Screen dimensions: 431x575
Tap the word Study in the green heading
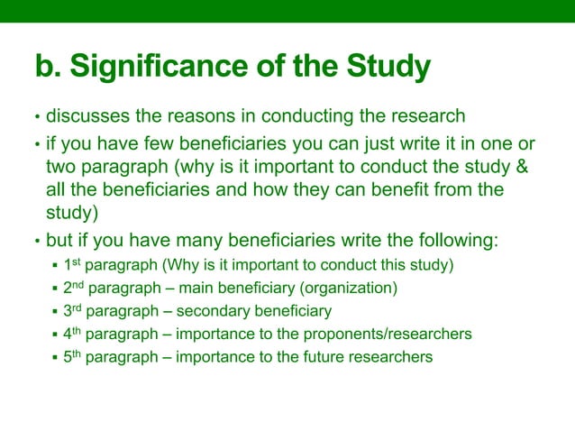coord(387,68)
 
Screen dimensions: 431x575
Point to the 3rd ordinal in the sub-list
coord(76,311)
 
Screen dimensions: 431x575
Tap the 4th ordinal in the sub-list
coord(76,335)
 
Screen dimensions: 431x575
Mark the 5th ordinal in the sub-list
coord(76,357)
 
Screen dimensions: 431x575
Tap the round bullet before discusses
coord(37,118)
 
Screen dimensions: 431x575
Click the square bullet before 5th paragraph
coord(56,358)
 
